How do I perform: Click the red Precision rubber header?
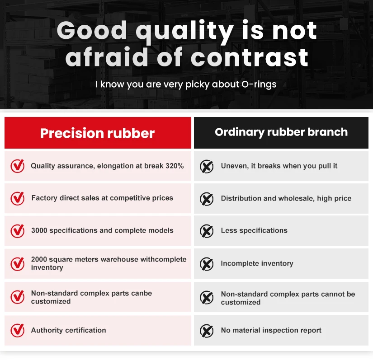(98, 133)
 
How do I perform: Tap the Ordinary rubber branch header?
(281, 132)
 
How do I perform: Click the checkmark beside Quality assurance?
(18, 166)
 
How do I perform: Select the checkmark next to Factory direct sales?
(18, 198)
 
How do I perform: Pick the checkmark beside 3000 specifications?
(18, 231)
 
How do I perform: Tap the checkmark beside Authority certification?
(18, 331)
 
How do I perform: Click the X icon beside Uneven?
(207, 167)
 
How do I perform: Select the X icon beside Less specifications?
(207, 231)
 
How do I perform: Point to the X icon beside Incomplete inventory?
(207, 264)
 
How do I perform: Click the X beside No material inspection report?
(207, 331)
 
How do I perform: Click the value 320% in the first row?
(175, 166)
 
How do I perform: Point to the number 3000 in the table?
(39, 230)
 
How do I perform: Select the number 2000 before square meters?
(39, 259)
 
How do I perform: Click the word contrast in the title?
(250, 58)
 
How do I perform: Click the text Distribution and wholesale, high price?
(286, 198)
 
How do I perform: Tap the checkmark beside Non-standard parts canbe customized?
(18, 297)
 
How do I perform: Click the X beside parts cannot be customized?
(207, 298)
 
